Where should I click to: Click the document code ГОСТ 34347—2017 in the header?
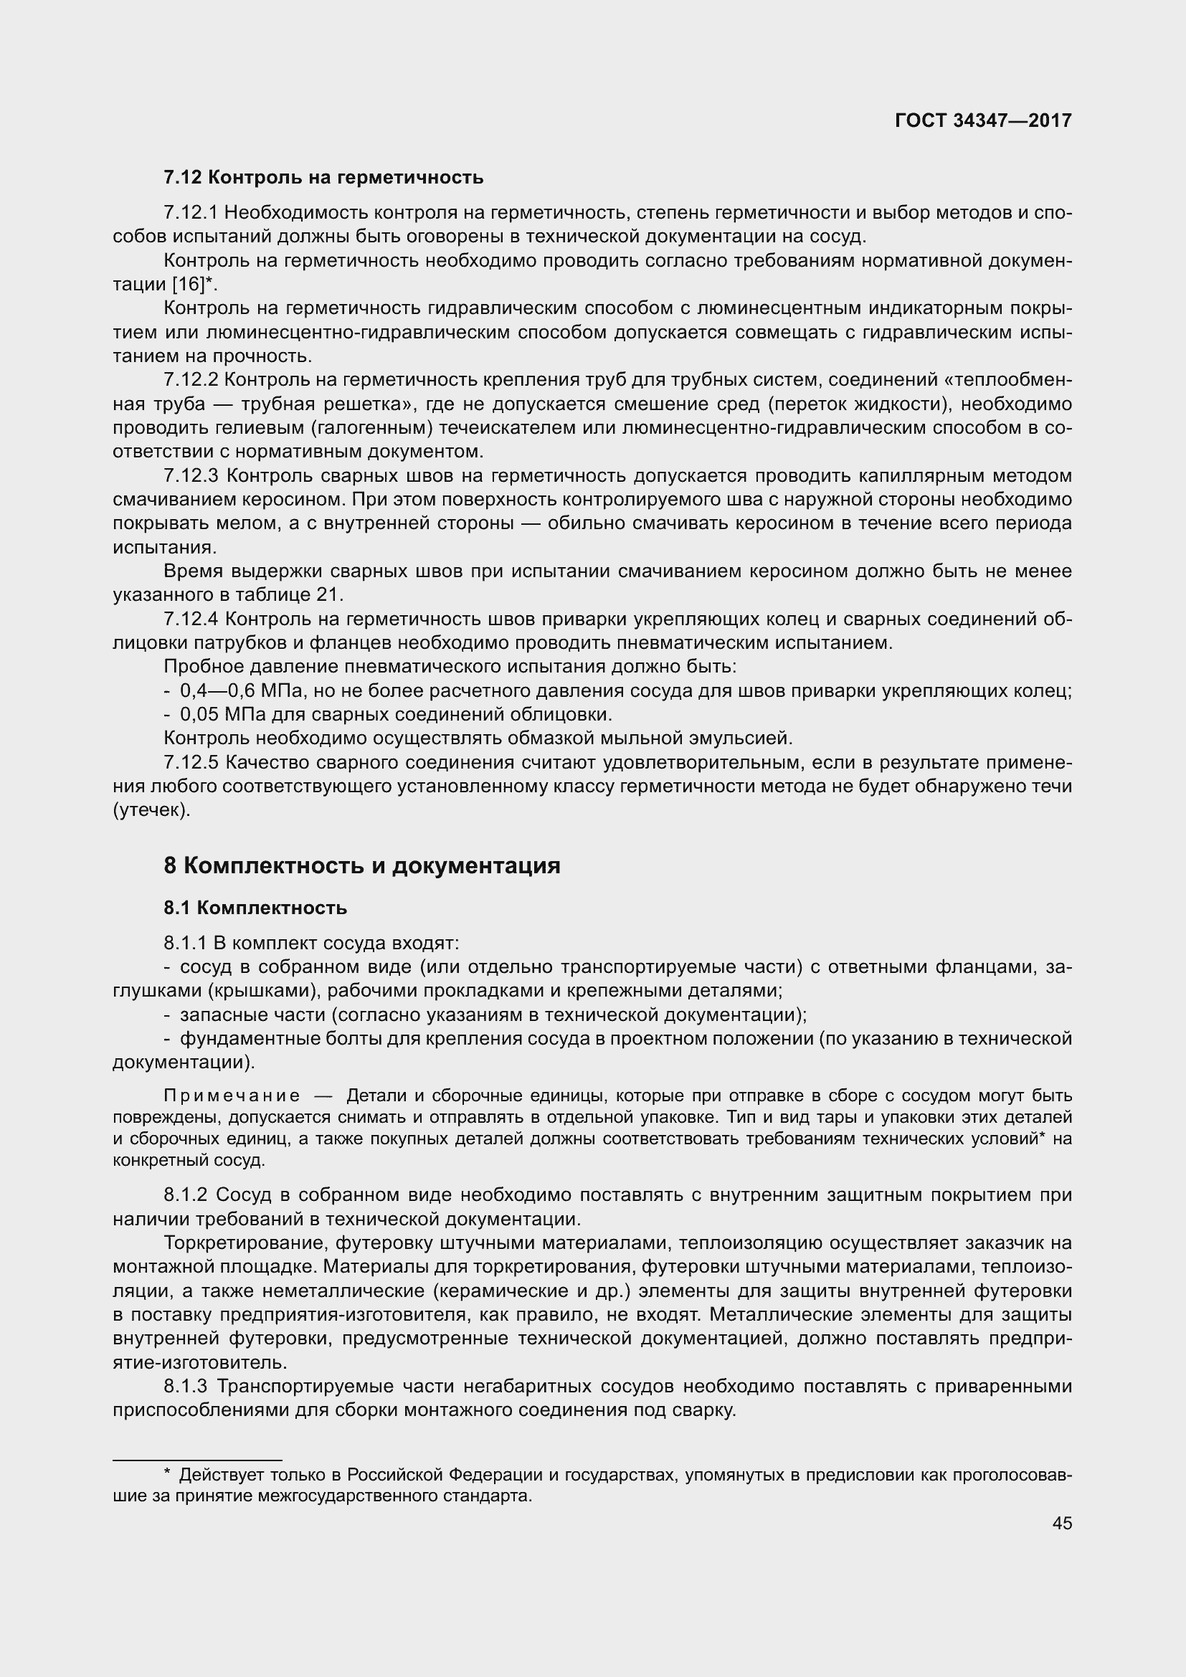(983, 121)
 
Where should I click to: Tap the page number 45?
(1062, 1523)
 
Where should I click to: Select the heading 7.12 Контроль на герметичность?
(323, 178)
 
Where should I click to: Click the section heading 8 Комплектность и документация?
(362, 865)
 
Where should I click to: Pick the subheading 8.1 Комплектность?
(255, 908)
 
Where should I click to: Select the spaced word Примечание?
(232, 1096)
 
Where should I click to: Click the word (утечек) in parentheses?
(152, 810)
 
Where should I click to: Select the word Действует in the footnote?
(212, 1475)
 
